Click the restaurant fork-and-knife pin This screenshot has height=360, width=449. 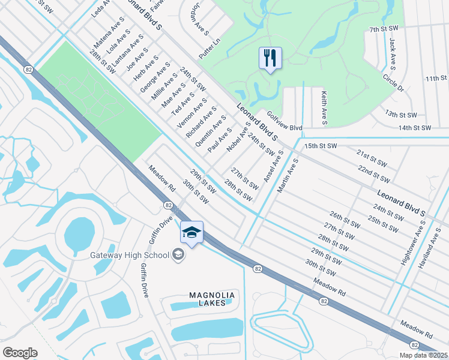pyautogui.click(x=270, y=59)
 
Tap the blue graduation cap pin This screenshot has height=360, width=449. pyautogui.click(x=191, y=233)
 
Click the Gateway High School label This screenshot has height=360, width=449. pyautogui.click(x=130, y=255)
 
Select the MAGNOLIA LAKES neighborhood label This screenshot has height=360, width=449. pyautogui.click(x=208, y=299)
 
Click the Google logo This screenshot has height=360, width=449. pyautogui.click(x=20, y=353)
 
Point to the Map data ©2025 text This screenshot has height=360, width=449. pyautogui.click(x=423, y=355)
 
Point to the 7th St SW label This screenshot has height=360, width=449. pyautogui.click(x=384, y=29)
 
